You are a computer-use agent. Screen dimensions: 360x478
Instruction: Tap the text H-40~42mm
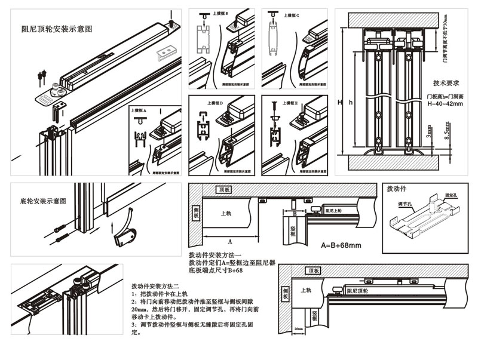445,104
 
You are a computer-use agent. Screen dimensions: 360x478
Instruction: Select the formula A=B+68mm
341,245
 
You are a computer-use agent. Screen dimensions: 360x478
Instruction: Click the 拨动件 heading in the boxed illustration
397,189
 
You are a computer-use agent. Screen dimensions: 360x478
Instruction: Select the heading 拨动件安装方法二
158,286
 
